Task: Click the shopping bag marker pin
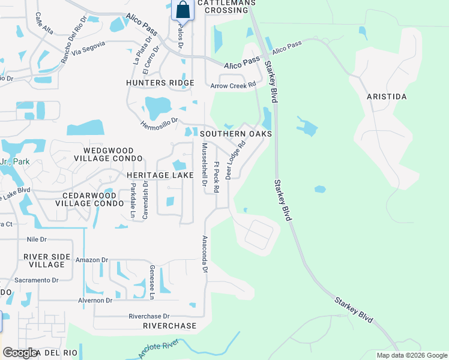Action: (182, 10)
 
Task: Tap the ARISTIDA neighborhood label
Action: (387, 97)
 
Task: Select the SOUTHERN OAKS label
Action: (236, 134)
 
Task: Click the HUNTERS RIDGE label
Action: (160, 83)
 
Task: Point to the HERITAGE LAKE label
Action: (160, 175)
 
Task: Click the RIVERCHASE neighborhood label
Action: (170, 326)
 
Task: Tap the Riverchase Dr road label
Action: (149, 316)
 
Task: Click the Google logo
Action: (20, 353)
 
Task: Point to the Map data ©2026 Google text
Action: (411, 355)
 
